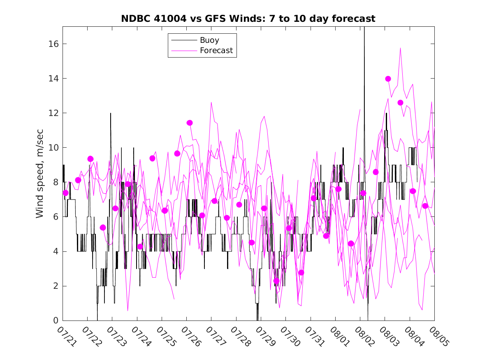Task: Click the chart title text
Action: (248, 19)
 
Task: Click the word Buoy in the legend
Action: (209, 40)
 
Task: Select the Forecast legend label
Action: (216, 51)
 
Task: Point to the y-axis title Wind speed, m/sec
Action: (39, 174)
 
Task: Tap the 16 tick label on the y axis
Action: (53, 44)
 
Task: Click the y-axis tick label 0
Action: (56, 321)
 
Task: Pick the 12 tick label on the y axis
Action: (53, 113)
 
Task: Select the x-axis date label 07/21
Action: (67, 337)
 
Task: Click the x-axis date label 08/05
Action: (439, 337)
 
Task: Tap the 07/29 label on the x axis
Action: (265, 337)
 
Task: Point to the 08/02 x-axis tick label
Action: (364, 337)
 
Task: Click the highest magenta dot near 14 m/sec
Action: (388, 79)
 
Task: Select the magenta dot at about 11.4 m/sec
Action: (190, 123)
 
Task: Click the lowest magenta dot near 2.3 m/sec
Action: (276, 281)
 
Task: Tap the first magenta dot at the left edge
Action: (65, 193)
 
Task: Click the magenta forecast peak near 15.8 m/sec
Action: (400, 48)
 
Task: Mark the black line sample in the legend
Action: (184, 40)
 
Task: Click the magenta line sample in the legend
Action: (184, 51)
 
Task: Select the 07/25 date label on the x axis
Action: (166, 337)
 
